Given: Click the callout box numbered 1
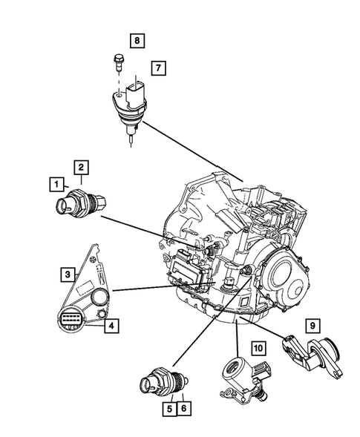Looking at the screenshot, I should (55, 182).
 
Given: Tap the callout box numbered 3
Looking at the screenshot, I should (67, 275).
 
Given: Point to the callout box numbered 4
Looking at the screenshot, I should (109, 324).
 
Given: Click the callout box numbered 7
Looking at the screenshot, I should (158, 68).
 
